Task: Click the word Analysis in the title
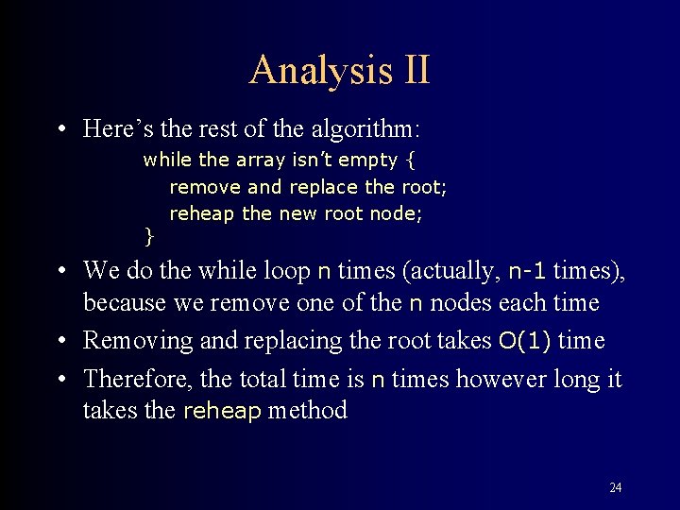click(x=309, y=71)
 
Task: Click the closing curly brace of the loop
click(x=147, y=232)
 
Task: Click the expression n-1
click(x=527, y=272)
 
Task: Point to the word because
click(x=124, y=303)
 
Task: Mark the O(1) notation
click(x=525, y=341)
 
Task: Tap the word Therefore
click(x=139, y=379)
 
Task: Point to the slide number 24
click(x=615, y=487)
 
